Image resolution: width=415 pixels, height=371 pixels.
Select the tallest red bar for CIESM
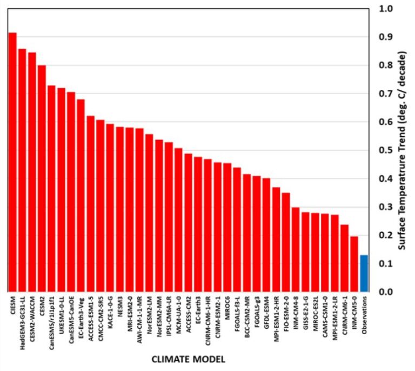coord(12,162)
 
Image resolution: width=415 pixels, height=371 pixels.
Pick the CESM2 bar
coord(42,178)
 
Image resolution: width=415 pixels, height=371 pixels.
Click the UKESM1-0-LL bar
coord(62,190)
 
